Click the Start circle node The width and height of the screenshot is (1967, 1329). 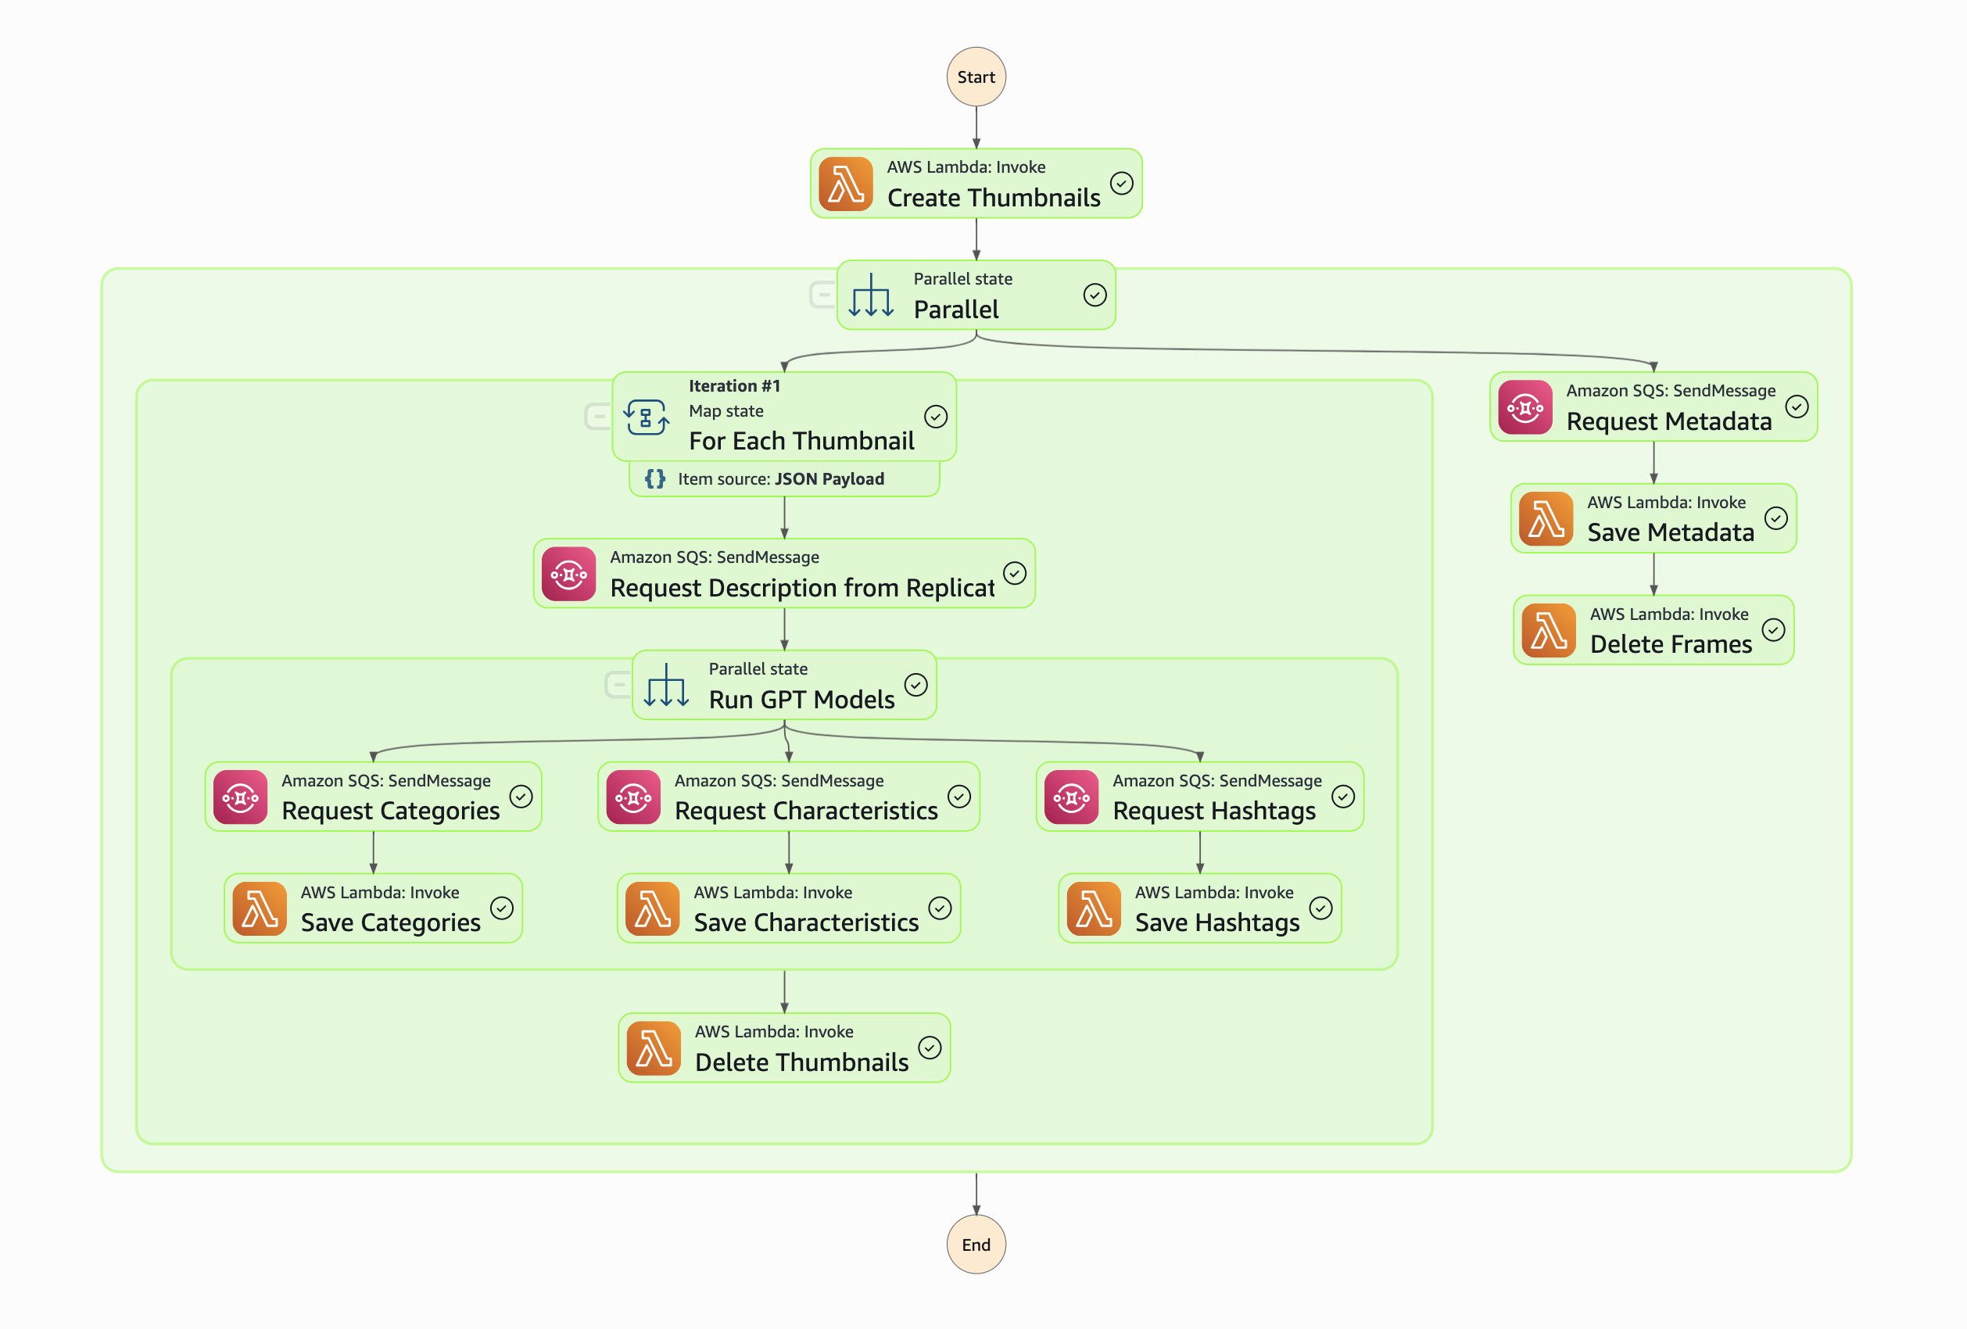[976, 77]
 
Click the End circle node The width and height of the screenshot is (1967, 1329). [976, 1244]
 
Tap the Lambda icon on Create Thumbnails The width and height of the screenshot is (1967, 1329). [846, 184]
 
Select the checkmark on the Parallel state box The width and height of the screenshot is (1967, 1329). [1095, 295]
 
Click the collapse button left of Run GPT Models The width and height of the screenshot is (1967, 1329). [618, 684]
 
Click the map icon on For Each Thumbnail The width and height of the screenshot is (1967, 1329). [647, 417]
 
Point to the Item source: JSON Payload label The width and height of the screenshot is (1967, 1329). [780, 479]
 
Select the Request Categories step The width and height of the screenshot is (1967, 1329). [373, 797]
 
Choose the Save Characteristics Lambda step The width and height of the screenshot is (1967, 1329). [788, 908]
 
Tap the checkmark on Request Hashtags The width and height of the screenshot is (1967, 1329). [1342, 797]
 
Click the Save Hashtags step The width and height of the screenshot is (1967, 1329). [1199, 908]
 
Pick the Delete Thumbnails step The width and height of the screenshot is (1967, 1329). [784, 1048]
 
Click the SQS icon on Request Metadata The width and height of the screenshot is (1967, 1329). [1525, 407]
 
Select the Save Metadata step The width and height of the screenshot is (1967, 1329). [1653, 518]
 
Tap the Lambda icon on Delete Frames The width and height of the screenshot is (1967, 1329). [1548, 630]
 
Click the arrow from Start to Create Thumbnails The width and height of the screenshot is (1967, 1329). [976, 127]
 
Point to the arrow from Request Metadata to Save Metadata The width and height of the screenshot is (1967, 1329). [1653, 462]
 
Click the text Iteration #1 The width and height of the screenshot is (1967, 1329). [734, 386]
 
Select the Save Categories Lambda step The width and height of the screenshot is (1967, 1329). [373, 908]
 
